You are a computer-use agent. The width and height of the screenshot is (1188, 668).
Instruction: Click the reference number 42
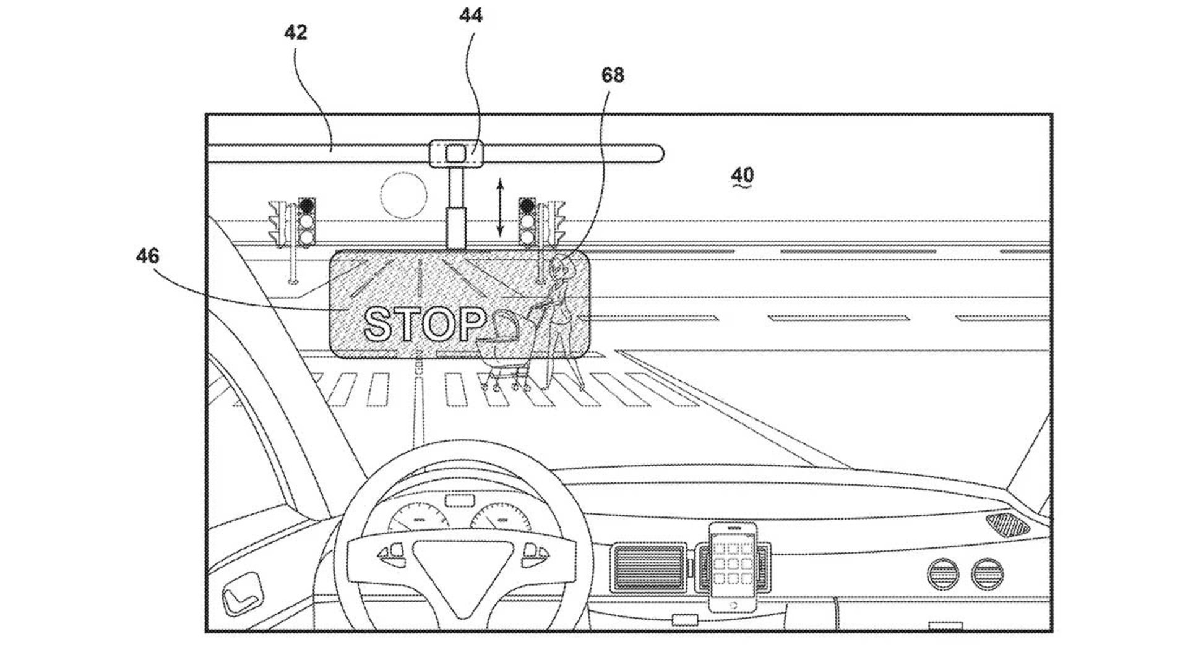click(x=295, y=32)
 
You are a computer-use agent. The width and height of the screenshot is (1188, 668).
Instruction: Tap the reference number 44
click(x=471, y=15)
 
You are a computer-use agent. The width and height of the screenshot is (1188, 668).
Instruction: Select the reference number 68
click(x=613, y=75)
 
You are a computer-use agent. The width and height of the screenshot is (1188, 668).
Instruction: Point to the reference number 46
click(x=147, y=255)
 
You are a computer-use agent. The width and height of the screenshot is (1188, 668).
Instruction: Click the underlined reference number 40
click(x=742, y=176)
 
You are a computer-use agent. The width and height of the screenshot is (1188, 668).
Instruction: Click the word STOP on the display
click(x=425, y=323)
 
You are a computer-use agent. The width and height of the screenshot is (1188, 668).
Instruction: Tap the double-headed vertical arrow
click(x=500, y=207)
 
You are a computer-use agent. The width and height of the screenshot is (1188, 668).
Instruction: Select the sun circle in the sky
click(x=403, y=195)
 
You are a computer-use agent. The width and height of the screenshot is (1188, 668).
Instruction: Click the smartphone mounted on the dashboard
click(x=733, y=567)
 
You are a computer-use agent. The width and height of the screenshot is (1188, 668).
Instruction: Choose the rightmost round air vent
click(x=987, y=573)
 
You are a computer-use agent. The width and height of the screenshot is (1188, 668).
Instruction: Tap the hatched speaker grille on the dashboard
click(x=1007, y=524)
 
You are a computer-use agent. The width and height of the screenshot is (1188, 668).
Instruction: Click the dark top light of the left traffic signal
click(x=306, y=205)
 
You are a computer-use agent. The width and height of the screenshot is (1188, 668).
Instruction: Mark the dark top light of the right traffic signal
click(x=527, y=205)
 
